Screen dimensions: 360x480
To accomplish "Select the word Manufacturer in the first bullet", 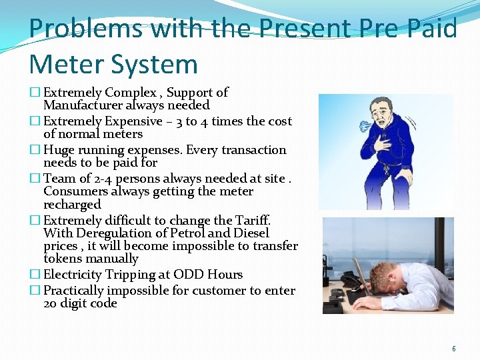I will click(89, 105).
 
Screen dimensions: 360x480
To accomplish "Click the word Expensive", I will click(134, 121).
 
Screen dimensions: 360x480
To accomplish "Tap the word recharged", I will click(72, 205).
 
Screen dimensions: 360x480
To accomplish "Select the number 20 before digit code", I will click(51, 303).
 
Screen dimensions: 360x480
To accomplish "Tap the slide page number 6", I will click(454, 349).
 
